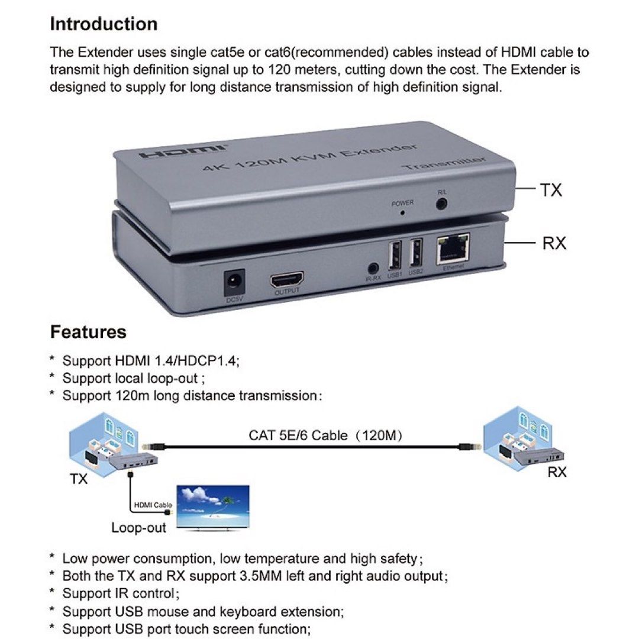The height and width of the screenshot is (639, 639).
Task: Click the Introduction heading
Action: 104,24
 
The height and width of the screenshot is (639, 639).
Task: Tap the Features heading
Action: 88,332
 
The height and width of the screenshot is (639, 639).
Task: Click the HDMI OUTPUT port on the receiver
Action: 287,280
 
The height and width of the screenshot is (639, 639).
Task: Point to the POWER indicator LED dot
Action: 402,212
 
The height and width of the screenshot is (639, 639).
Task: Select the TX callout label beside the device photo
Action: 550,190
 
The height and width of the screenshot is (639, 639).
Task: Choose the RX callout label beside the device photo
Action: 554,243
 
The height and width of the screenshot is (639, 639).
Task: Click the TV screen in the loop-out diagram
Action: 215,508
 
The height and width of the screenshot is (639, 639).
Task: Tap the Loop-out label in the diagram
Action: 139,527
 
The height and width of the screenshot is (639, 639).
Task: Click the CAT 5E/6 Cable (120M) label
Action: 326,436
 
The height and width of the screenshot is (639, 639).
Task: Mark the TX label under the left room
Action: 79,478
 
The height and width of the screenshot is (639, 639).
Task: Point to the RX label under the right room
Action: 557,472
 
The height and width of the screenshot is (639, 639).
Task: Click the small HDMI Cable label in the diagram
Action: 153,505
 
